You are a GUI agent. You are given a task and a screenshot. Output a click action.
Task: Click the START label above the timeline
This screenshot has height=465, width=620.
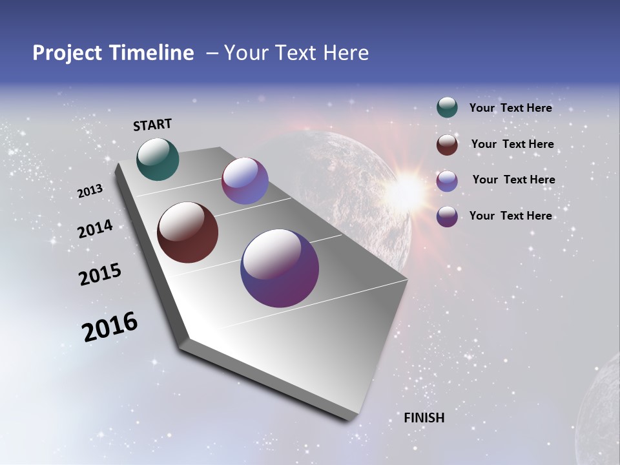(152, 125)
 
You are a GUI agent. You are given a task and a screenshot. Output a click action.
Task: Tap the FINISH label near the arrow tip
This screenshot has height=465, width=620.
(424, 418)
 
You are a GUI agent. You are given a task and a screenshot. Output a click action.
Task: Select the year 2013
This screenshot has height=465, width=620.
(90, 191)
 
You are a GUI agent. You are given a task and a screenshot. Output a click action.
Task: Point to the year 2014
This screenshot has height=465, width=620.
(96, 229)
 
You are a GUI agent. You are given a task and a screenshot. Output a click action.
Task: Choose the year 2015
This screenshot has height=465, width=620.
(100, 274)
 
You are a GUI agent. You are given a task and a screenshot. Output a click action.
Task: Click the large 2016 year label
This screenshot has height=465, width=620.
(110, 327)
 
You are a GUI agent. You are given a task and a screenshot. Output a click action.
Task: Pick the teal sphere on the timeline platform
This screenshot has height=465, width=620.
(158, 159)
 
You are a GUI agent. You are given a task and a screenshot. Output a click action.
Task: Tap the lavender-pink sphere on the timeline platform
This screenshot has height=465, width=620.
(245, 181)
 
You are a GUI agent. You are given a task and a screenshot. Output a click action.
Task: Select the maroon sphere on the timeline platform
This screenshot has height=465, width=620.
(187, 232)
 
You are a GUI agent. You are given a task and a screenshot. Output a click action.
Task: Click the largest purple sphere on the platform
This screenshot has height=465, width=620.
(280, 268)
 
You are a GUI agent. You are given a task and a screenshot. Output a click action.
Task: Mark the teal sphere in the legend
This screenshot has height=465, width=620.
(447, 107)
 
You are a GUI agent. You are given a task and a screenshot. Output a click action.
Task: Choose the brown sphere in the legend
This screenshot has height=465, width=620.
(447, 145)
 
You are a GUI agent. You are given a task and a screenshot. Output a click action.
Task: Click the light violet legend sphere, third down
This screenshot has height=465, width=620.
(447, 181)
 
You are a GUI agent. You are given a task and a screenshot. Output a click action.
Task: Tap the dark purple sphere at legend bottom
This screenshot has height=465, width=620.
(447, 216)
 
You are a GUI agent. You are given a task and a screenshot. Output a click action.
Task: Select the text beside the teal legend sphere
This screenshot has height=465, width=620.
(510, 108)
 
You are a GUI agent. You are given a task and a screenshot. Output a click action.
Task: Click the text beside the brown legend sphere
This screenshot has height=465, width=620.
(512, 144)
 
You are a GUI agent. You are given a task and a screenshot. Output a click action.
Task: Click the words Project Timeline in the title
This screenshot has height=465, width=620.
(113, 53)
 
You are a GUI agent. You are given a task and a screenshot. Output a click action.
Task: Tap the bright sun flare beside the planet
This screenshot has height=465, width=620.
(408, 189)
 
